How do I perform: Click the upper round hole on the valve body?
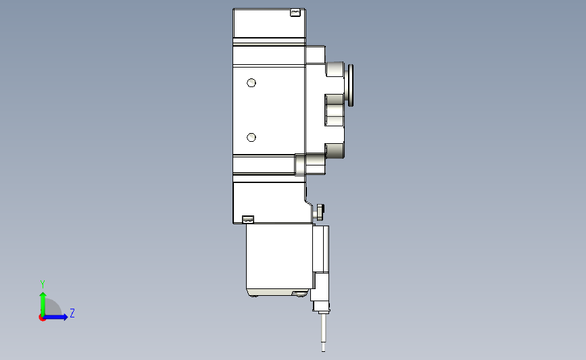pos(251,82)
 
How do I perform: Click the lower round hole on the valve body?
pos(251,137)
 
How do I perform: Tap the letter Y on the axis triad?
pos(43,284)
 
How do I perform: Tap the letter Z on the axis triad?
pos(72,313)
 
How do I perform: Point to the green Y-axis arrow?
pos(43,304)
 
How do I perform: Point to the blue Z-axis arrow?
pos(55,317)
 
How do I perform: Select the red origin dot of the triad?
pos(42,318)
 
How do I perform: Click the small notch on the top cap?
pos(295,13)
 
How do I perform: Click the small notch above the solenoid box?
pos(248,220)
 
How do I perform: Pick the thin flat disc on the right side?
pos(351,85)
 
